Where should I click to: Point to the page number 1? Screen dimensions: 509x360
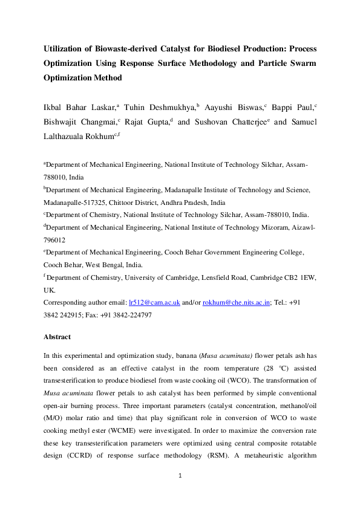(180, 493)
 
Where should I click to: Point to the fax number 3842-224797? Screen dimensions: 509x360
(129, 314)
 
